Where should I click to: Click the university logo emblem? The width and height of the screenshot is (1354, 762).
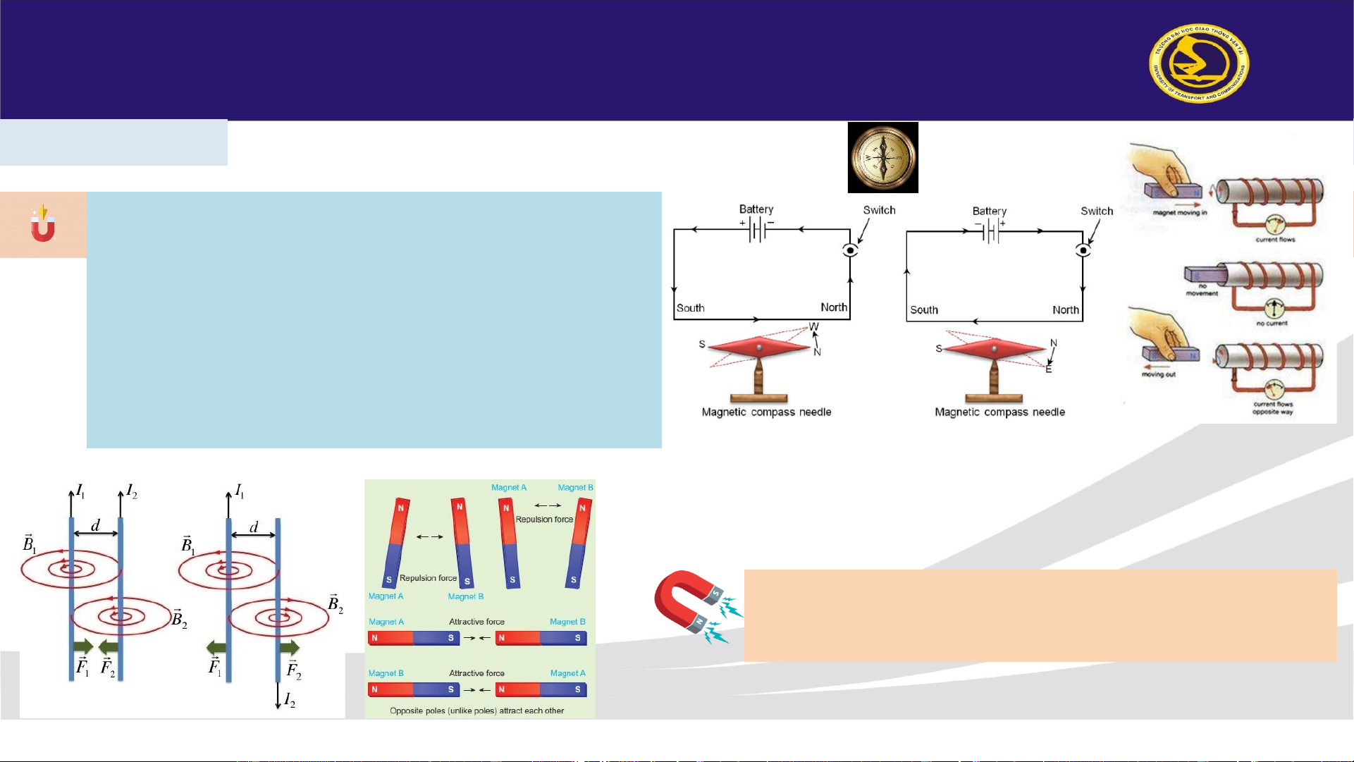(1199, 63)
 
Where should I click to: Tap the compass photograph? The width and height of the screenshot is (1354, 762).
(882, 157)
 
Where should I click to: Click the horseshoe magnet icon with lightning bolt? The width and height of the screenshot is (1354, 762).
(43, 224)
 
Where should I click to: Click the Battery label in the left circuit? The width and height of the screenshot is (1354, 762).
(756, 209)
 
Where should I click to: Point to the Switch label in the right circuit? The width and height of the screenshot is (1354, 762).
(1096, 211)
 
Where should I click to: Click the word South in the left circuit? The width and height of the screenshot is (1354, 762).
(690, 308)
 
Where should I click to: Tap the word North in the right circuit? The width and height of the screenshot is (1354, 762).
(1065, 310)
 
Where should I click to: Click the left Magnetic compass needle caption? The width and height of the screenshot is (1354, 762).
(766, 412)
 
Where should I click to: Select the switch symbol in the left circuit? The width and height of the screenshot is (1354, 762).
(850, 250)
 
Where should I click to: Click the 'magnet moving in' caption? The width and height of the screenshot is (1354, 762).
(1179, 212)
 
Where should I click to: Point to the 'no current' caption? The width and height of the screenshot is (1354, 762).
(1271, 324)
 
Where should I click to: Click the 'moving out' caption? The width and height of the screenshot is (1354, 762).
(1158, 375)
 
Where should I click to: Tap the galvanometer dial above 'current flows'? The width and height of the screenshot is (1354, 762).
(1274, 226)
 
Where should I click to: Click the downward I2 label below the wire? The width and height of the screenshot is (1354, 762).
(289, 700)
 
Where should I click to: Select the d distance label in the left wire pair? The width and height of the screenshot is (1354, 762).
(95, 525)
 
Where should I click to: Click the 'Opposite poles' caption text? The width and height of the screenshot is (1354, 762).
(476, 711)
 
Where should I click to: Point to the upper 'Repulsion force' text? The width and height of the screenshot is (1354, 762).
(544, 520)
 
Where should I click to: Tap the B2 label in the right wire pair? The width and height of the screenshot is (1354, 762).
(335, 604)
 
